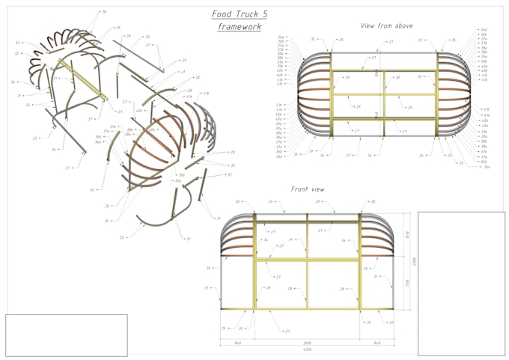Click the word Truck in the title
click(240, 13)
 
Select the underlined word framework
click(240, 27)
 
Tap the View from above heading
click(386, 25)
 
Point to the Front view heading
click(307, 189)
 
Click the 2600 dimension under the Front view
click(307, 342)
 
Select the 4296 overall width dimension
click(307, 350)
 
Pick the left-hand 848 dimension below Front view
click(237, 342)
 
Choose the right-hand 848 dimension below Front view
click(377, 342)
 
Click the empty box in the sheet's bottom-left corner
click(67, 335)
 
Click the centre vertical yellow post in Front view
click(307, 262)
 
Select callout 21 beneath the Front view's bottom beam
click(287, 330)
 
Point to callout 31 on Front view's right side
click(391, 285)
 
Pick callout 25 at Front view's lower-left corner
click(224, 328)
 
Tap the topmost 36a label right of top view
click(485, 29)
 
